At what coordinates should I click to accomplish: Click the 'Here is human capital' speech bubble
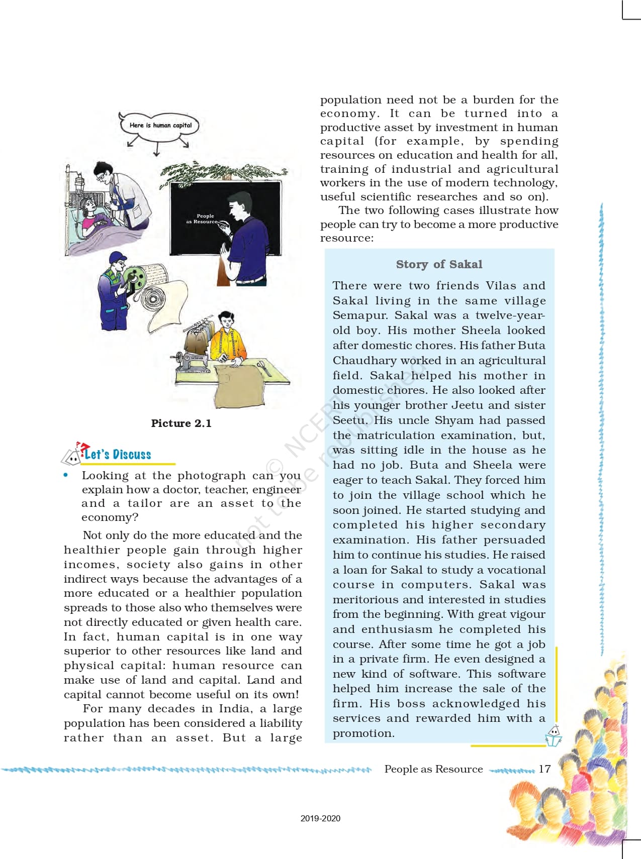[x=160, y=125]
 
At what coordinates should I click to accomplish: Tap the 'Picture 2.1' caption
[x=181, y=423]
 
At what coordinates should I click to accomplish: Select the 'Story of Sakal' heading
[x=439, y=264]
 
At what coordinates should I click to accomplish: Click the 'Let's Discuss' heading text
[x=118, y=455]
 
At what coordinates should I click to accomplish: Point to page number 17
[x=544, y=769]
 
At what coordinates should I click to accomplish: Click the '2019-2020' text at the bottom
[x=320, y=818]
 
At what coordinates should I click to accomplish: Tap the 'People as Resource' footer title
[x=433, y=769]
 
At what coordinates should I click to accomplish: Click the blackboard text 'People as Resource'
[x=202, y=219]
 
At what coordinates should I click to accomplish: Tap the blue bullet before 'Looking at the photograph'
[x=66, y=475]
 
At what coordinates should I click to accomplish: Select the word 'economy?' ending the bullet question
[x=110, y=517]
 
